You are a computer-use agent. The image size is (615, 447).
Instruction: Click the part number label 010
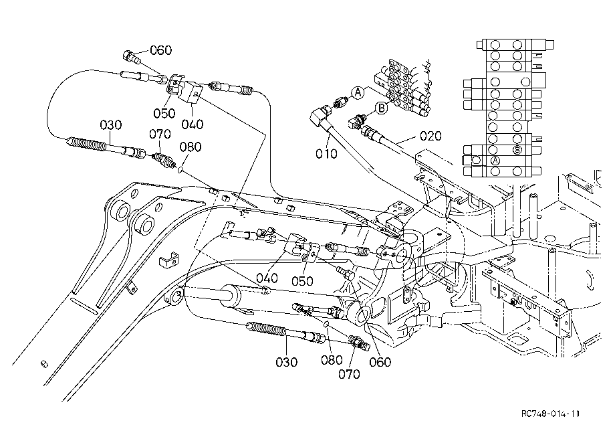pyautogui.click(x=326, y=153)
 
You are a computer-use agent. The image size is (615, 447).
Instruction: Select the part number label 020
pyautogui.click(x=430, y=137)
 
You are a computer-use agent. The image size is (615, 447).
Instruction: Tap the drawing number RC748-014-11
pyautogui.click(x=550, y=414)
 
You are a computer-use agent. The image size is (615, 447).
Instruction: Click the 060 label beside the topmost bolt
pyautogui.click(x=161, y=50)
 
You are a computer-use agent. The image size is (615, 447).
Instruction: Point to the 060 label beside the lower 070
pyautogui.click(x=380, y=362)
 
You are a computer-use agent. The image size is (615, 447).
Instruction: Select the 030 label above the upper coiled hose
pyautogui.click(x=110, y=125)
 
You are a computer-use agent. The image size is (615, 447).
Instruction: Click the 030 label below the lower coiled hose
pyautogui.click(x=286, y=362)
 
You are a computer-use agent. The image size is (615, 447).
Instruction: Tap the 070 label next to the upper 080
pyautogui.click(x=160, y=135)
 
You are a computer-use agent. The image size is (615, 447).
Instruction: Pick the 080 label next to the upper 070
pyautogui.click(x=191, y=147)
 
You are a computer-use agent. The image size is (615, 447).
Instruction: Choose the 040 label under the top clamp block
pyautogui.click(x=193, y=124)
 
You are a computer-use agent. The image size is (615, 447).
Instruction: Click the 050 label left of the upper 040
pyautogui.click(x=164, y=113)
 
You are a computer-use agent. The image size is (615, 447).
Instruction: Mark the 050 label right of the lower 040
pyautogui.click(x=302, y=281)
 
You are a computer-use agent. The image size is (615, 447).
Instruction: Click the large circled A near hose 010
pyautogui.click(x=358, y=93)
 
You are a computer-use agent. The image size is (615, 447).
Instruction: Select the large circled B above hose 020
pyautogui.click(x=381, y=108)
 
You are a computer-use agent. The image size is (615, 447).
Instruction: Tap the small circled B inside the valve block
pyautogui.click(x=517, y=150)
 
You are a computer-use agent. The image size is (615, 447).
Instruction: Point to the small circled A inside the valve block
pyautogui.click(x=495, y=161)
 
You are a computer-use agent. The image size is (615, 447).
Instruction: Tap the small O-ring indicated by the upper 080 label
pyautogui.click(x=180, y=170)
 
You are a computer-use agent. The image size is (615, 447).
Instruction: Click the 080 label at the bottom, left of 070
pyautogui.click(x=332, y=360)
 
